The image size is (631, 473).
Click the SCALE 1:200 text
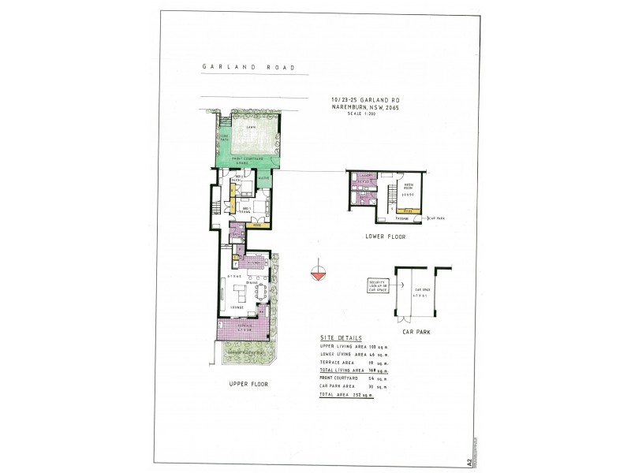pos(361,114)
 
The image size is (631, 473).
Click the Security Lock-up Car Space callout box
pos(378,285)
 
